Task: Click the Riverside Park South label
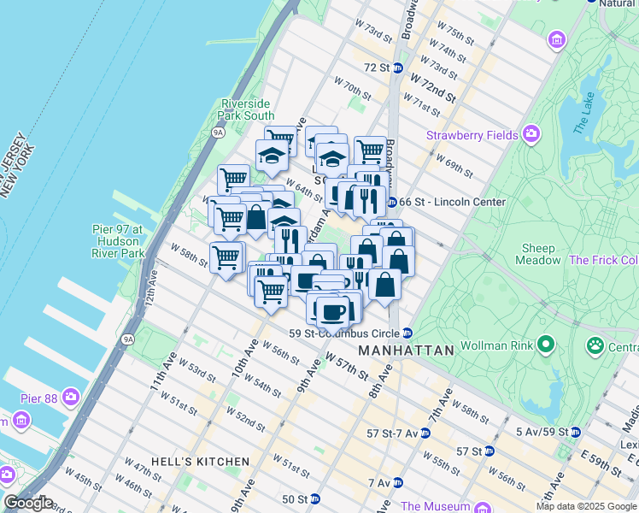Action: point(248,109)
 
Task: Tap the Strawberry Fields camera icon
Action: point(532,134)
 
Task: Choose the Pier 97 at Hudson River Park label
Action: point(129,241)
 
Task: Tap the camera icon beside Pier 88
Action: point(70,398)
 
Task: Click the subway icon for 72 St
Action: point(397,68)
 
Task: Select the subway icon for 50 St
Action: point(314,498)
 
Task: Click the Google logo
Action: point(29,503)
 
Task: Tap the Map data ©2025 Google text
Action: point(585,506)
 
